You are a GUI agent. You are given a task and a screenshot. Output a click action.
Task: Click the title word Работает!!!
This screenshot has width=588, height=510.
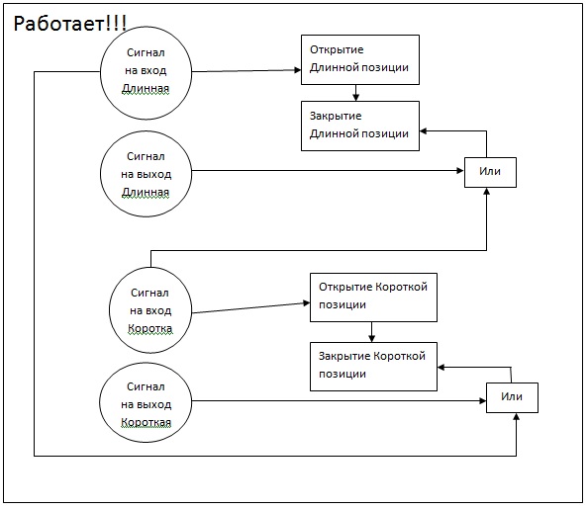point(70,23)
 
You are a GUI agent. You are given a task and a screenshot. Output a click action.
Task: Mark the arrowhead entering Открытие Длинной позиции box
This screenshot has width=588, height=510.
point(298,69)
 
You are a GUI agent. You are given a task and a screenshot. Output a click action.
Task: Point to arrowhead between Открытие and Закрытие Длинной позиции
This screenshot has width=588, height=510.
point(356,98)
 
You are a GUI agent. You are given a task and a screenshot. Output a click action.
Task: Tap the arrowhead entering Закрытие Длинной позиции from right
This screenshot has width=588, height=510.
point(423,131)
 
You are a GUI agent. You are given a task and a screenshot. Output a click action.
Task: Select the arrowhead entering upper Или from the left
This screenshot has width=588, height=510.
point(460,171)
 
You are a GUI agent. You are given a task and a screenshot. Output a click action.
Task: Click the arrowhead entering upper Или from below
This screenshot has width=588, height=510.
point(486,192)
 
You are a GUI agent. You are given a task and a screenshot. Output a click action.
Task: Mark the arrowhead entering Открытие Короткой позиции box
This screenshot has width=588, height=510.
point(307,302)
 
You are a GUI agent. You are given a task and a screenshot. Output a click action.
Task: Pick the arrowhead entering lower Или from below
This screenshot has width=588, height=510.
point(516,417)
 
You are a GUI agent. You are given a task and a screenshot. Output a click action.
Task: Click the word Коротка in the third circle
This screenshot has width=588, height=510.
point(150,328)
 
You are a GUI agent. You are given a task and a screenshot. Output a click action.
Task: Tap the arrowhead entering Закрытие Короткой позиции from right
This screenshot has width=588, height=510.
point(441,367)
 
